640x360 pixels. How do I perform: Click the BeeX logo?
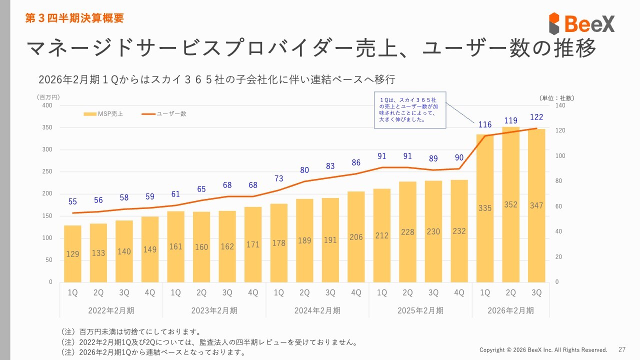(x=581, y=23)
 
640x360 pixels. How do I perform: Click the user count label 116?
(x=485, y=124)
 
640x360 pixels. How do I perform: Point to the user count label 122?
(x=536, y=117)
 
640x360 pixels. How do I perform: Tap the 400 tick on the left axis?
(x=47, y=105)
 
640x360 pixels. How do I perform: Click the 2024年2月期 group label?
(x=317, y=310)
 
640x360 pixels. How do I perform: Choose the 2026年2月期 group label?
(x=510, y=310)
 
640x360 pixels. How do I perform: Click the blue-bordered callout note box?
(x=409, y=110)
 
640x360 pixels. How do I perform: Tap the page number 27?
(x=622, y=349)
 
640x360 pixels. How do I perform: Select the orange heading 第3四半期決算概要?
(x=74, y=18)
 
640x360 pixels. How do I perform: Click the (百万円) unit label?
(x=48, y=97)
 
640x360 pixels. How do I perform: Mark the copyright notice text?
(x=543, y=349)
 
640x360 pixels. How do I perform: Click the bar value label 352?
(x=510, y=204)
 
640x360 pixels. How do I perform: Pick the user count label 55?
(x=72, y=202)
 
